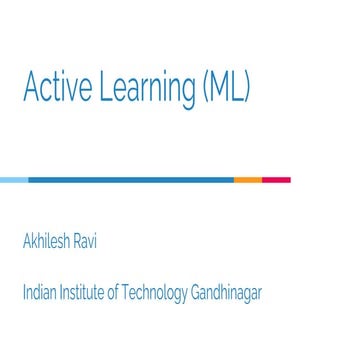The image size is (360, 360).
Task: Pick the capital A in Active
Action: click(31, 88)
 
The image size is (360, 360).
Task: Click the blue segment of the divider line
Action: click(130, 180)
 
